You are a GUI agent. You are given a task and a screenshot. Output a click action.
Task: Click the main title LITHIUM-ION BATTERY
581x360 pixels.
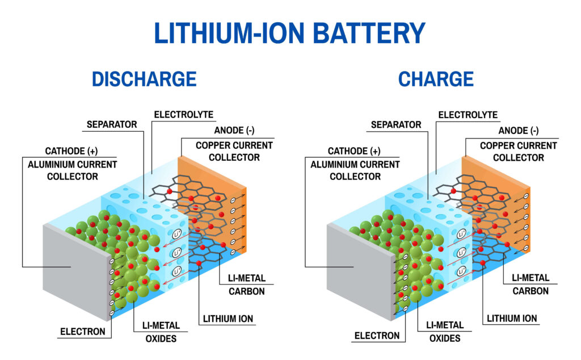(x=290, y=33)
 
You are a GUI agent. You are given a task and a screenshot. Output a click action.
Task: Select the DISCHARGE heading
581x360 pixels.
(x=144, y=79)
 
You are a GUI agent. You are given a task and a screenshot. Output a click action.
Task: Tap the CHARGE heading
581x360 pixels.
(x=436, y=79)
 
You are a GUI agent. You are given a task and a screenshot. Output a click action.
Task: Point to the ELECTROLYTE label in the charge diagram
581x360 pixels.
(x=468, y=115)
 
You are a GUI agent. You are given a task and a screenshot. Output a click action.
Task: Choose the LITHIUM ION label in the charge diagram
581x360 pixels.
(x=512, y=319)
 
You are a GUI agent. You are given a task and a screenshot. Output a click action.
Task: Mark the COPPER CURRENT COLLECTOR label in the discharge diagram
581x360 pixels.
(x=234, y=151)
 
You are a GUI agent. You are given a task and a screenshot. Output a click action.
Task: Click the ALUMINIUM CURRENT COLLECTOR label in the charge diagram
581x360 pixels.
(x=355, y=170)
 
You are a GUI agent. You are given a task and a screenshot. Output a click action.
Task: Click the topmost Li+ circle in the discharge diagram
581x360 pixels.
(x=177, y=234)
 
